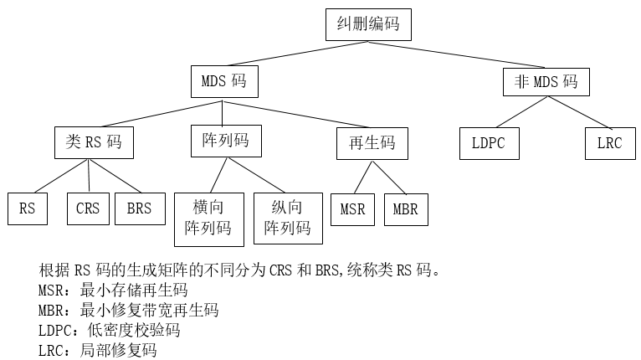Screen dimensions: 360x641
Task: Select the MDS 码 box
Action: point(223,83)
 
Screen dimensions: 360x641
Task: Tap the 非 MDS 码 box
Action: point(545,83)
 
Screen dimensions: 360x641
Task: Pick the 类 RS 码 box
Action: point(93,142)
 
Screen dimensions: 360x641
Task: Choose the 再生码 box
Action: point(367,143)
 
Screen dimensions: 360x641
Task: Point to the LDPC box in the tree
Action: point(489,143)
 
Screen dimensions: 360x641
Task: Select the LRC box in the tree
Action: point(609,143)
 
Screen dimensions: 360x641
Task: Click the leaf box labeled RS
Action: point(28,208)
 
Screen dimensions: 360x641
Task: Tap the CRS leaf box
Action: point(88,208)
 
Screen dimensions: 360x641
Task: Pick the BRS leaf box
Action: point(139,208)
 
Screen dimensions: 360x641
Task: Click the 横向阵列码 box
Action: point(208,218)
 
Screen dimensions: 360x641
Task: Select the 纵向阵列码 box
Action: point(287,218)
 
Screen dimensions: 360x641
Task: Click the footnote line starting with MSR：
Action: point(113,291)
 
